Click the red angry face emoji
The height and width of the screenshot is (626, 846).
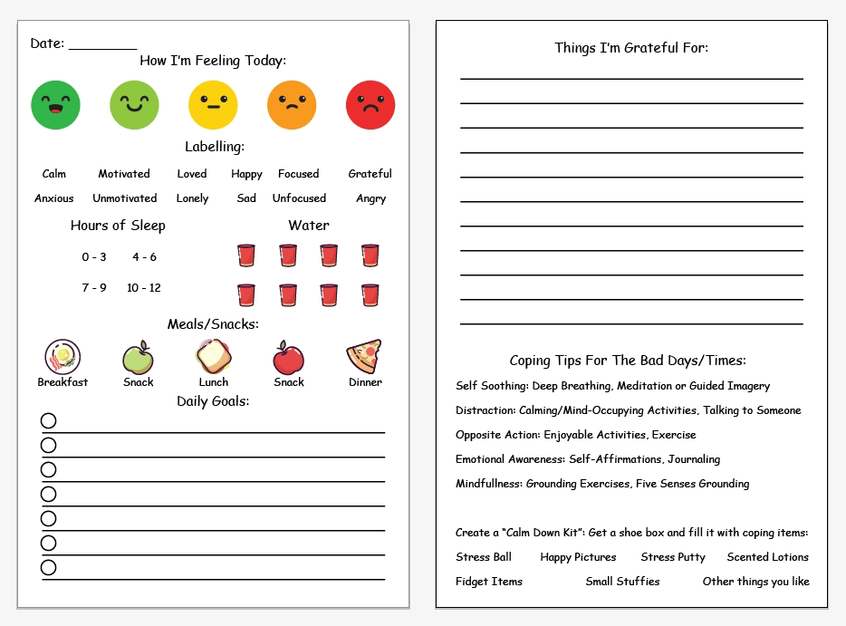[370, 105]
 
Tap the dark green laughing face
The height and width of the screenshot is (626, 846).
[55, 105]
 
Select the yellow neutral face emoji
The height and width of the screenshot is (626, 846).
[213, 105]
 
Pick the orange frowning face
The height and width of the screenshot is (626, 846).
[292, 105]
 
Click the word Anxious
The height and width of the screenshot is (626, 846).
[54, 198]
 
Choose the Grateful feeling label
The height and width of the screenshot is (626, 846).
[370, 174]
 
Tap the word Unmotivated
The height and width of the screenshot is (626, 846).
[124, 198]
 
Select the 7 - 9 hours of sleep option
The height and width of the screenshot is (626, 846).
[94, 288]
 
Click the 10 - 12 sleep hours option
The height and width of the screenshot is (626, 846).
[144, 288]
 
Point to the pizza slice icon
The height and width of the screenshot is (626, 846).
[364, 356]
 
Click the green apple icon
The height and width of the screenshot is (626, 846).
[138, 358]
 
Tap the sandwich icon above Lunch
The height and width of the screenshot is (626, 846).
[213, 357]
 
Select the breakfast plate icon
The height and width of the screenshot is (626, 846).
[62, 357]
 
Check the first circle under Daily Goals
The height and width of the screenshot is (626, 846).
[49, 420]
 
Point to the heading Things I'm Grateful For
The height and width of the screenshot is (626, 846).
[631, 48]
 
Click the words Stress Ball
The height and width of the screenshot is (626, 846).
[484, 557]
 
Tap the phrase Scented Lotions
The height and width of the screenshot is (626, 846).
[767, 557]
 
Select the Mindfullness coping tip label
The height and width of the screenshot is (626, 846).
[489, 484]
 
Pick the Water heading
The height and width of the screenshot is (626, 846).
[309, 226]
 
